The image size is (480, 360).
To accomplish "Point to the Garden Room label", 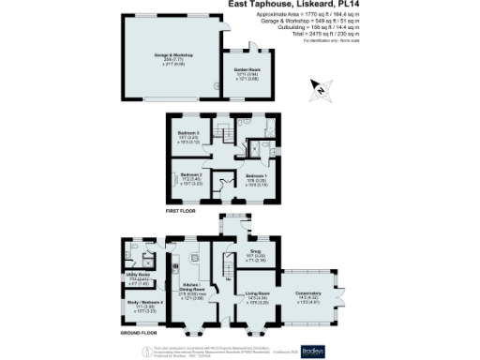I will point(246,72).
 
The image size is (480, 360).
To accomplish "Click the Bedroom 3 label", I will point(189,136).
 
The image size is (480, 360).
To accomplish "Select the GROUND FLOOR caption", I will point(138,333).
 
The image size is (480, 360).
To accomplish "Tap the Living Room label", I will point(257,298).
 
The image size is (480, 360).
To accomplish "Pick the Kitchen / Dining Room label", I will point(194,293).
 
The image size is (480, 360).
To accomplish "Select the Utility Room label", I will point(138,277).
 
